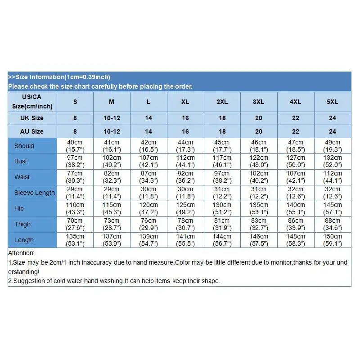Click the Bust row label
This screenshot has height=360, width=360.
pos(21,161)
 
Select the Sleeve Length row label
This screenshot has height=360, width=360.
pos(34,193)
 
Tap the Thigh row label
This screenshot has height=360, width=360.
pos(22,224)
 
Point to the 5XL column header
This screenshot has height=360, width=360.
pos(332,102)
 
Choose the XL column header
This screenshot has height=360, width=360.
pos(185,102)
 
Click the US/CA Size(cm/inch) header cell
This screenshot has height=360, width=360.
pos(32,102)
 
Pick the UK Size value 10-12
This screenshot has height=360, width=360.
pos(112,118)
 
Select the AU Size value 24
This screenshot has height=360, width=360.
pos(332,131)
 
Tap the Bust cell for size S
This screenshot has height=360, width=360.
pos(75,161)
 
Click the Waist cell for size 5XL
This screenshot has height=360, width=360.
pos(332,177)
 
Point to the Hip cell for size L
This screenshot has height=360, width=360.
pos(148,208)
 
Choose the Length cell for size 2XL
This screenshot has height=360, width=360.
pos(222,240)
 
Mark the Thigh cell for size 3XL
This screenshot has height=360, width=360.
pos(258,224)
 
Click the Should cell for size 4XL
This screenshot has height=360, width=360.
pos(295,145)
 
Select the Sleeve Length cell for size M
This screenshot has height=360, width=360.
pos(112,193)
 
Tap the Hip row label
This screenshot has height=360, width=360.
pos(19,208)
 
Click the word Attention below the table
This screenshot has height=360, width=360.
pos(21,253)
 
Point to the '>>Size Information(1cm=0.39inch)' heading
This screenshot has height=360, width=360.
pos(59,77)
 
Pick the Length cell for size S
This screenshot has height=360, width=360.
pos(75,240)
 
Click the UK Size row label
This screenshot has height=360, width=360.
pos(32,118)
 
